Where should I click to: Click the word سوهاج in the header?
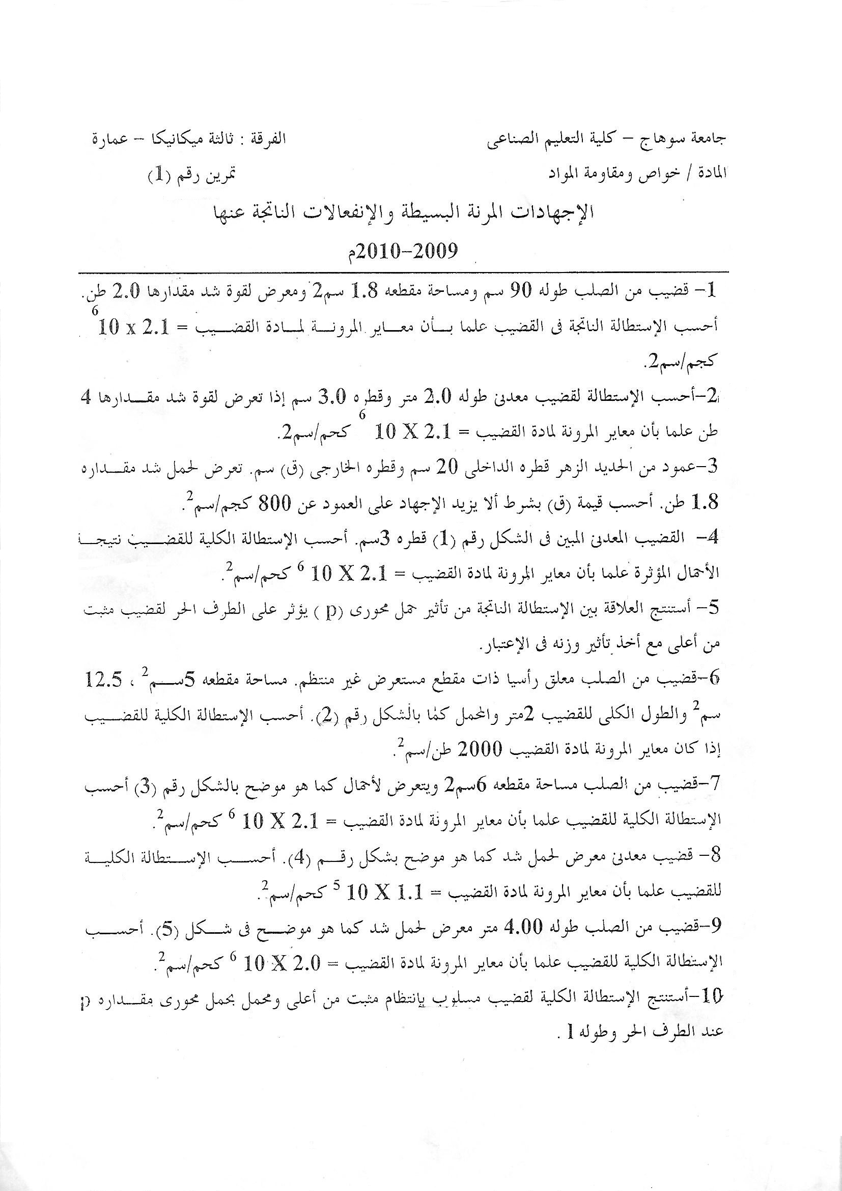pyautogui.click(x=674, y=139)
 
